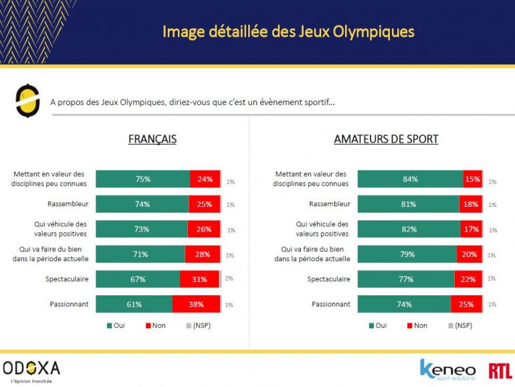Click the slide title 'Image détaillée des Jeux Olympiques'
[288, 31]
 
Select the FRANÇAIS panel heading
[152, 139]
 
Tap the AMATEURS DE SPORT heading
[386, 139]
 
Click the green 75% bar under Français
[142, 179]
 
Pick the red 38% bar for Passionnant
[196, 304]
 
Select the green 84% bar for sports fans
[410, 179]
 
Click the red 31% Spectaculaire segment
[199, 279]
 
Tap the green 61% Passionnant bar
[134, 304]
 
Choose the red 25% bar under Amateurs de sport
[466, 304]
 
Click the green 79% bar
[407, 254]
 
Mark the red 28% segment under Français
[202, 254]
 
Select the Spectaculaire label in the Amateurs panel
[328, 279]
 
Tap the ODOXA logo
[31, 369]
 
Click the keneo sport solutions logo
[447, 370]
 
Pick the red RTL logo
[498, 370]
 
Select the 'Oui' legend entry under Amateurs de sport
[377, 325]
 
